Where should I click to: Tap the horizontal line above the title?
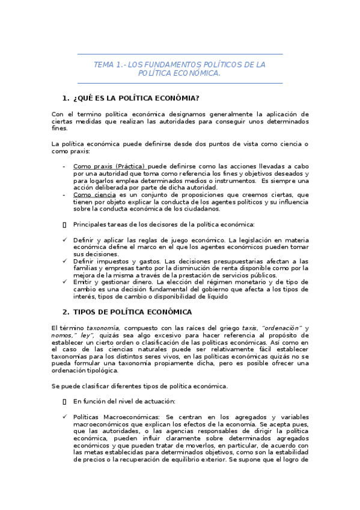click(x=180, y=55)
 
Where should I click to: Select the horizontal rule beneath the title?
click(x=180, y=83)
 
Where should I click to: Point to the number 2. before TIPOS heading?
click(x=66, y=312)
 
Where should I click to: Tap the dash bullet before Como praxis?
click(x=64, y=166)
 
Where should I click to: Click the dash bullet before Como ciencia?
click(x=64, y=195)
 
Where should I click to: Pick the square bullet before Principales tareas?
click(x=64, y=224)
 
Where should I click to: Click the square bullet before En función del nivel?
click(x=64, y=400)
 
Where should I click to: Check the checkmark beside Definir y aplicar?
click(x=65, y=239)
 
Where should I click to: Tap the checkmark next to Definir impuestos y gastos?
click(x=65, y=261)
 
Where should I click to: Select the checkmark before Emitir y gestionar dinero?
click(x=65, y=282)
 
